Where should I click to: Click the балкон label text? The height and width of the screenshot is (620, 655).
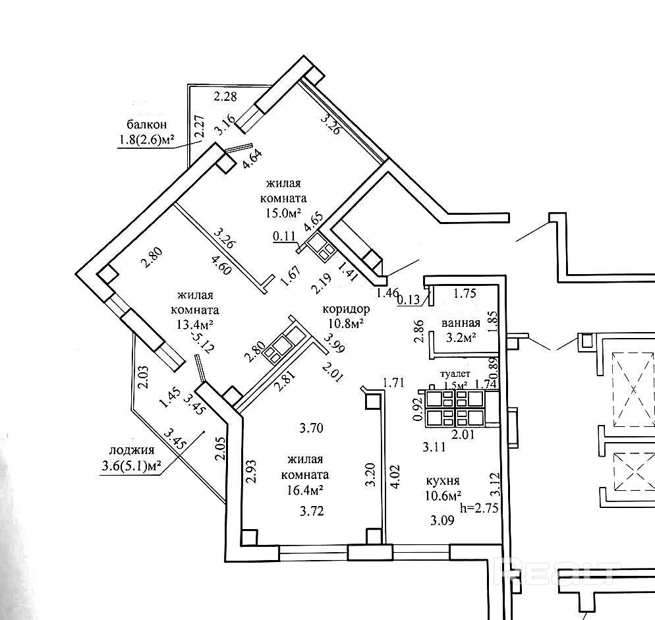pyautogui.click(x=146, y=124)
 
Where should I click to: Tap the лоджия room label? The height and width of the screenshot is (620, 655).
pyautogui.click(x=132, y=451)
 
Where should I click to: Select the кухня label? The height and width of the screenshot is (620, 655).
pyautogui.click(x=442, y=481)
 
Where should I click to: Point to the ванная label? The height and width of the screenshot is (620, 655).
pyautogui.click(x=461, y=324)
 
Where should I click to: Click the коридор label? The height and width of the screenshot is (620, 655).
pyautogui.click(x=346, y=309)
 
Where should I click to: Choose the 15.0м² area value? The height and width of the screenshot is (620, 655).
pyautogui.click(x=284, y=211)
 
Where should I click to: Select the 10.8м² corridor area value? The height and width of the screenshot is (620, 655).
pyautogui.click(x=346, y=324)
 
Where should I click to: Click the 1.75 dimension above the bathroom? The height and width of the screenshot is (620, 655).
pyautogui.click(x=465, y=294)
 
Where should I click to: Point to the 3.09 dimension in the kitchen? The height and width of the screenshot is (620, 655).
pyautogui.click(x=442, y=521)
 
